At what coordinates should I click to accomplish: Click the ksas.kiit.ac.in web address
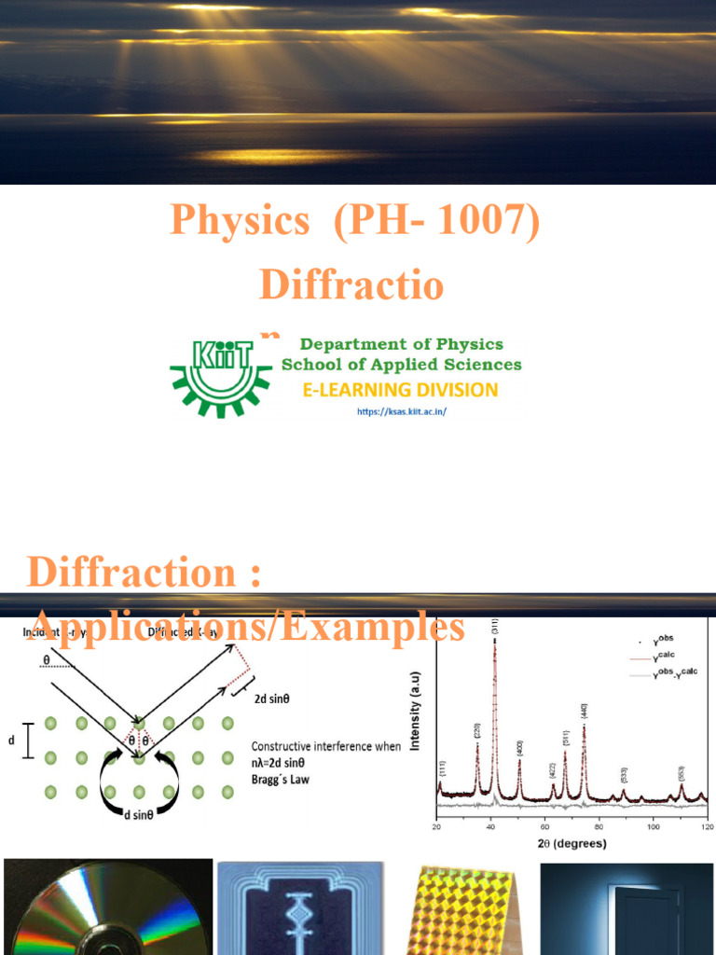402,410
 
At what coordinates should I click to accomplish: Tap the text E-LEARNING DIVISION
399,389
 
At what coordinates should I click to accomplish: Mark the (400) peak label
519,747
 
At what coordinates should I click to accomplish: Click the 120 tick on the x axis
707,826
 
